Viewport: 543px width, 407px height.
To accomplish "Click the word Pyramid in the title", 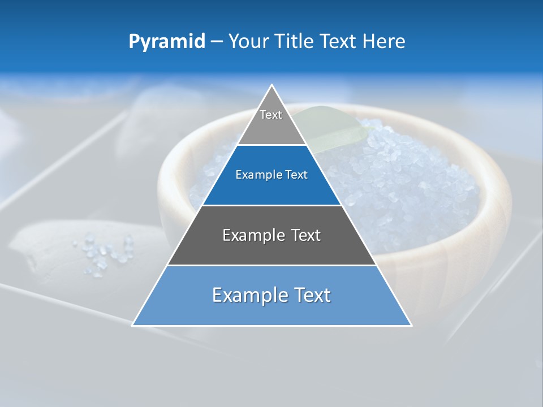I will click(167, 42).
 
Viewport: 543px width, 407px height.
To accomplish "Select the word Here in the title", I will click(384, 41).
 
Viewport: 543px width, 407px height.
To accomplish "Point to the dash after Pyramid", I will click(217, 42).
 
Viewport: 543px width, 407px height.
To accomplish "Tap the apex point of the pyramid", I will click(272, 85).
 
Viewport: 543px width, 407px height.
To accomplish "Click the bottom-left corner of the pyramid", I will click(133, 325).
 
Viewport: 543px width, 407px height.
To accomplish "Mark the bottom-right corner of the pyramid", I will click(411, 325).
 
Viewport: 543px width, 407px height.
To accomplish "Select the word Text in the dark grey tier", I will click(306, 235).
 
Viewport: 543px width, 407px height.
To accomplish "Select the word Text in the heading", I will click(338, 41).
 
